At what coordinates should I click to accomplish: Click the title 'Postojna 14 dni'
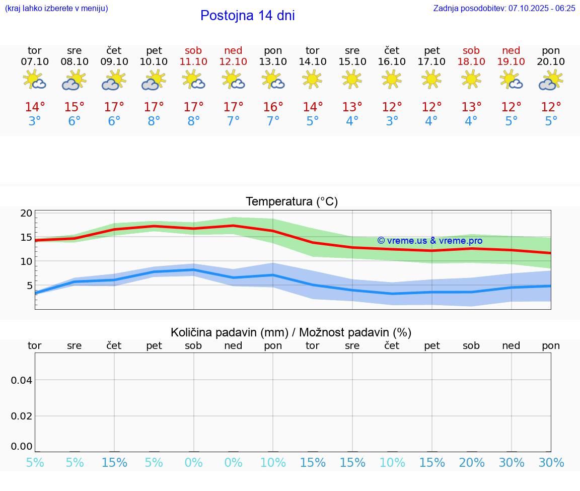click(247, 16)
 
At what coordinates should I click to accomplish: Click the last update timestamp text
click(504, 8)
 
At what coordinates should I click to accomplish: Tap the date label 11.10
click(193, 61)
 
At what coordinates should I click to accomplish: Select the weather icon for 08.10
click(75, 80)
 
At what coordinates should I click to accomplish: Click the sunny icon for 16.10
click(392, 79)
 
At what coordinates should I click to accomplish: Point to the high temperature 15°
click(75, 107)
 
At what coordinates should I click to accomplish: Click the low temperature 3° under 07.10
click(35, 121)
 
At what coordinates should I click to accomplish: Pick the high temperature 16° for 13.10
click(273, 107)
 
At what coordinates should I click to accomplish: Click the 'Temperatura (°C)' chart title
click(292, 202)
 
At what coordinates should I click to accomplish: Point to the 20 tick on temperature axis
click(26, 213)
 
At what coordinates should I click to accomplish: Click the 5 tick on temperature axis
click(29, 286)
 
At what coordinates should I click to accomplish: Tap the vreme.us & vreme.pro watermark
click(429, 241)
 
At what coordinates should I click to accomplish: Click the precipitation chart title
click(291, 332)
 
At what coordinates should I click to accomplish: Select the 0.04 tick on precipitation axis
click(22, 380)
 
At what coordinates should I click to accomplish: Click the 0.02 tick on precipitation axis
click(22, 415)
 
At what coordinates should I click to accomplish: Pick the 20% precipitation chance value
click(471, 463)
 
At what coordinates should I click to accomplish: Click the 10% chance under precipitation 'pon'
click(273, 463)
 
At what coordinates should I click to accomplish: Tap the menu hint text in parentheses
click(56, 8)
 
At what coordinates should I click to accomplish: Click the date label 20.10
click(551, 61)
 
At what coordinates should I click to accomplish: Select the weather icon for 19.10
click(511, 80)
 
